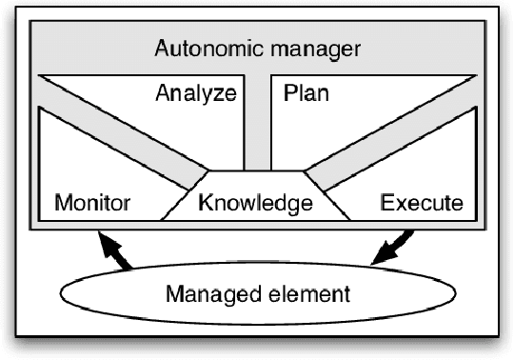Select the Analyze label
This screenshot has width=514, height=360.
click(195, 94)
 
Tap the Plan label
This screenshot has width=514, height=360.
click(305, 93)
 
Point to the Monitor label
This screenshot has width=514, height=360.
click(92, 203)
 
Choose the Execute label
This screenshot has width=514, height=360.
click(421, 203)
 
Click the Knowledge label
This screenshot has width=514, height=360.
click(255, 203)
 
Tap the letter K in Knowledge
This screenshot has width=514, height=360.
click(203, 203)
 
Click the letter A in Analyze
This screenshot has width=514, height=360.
click(162, 93)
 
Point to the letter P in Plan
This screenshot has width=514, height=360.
click(289, 93)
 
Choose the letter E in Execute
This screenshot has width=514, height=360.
click(386, 203)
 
